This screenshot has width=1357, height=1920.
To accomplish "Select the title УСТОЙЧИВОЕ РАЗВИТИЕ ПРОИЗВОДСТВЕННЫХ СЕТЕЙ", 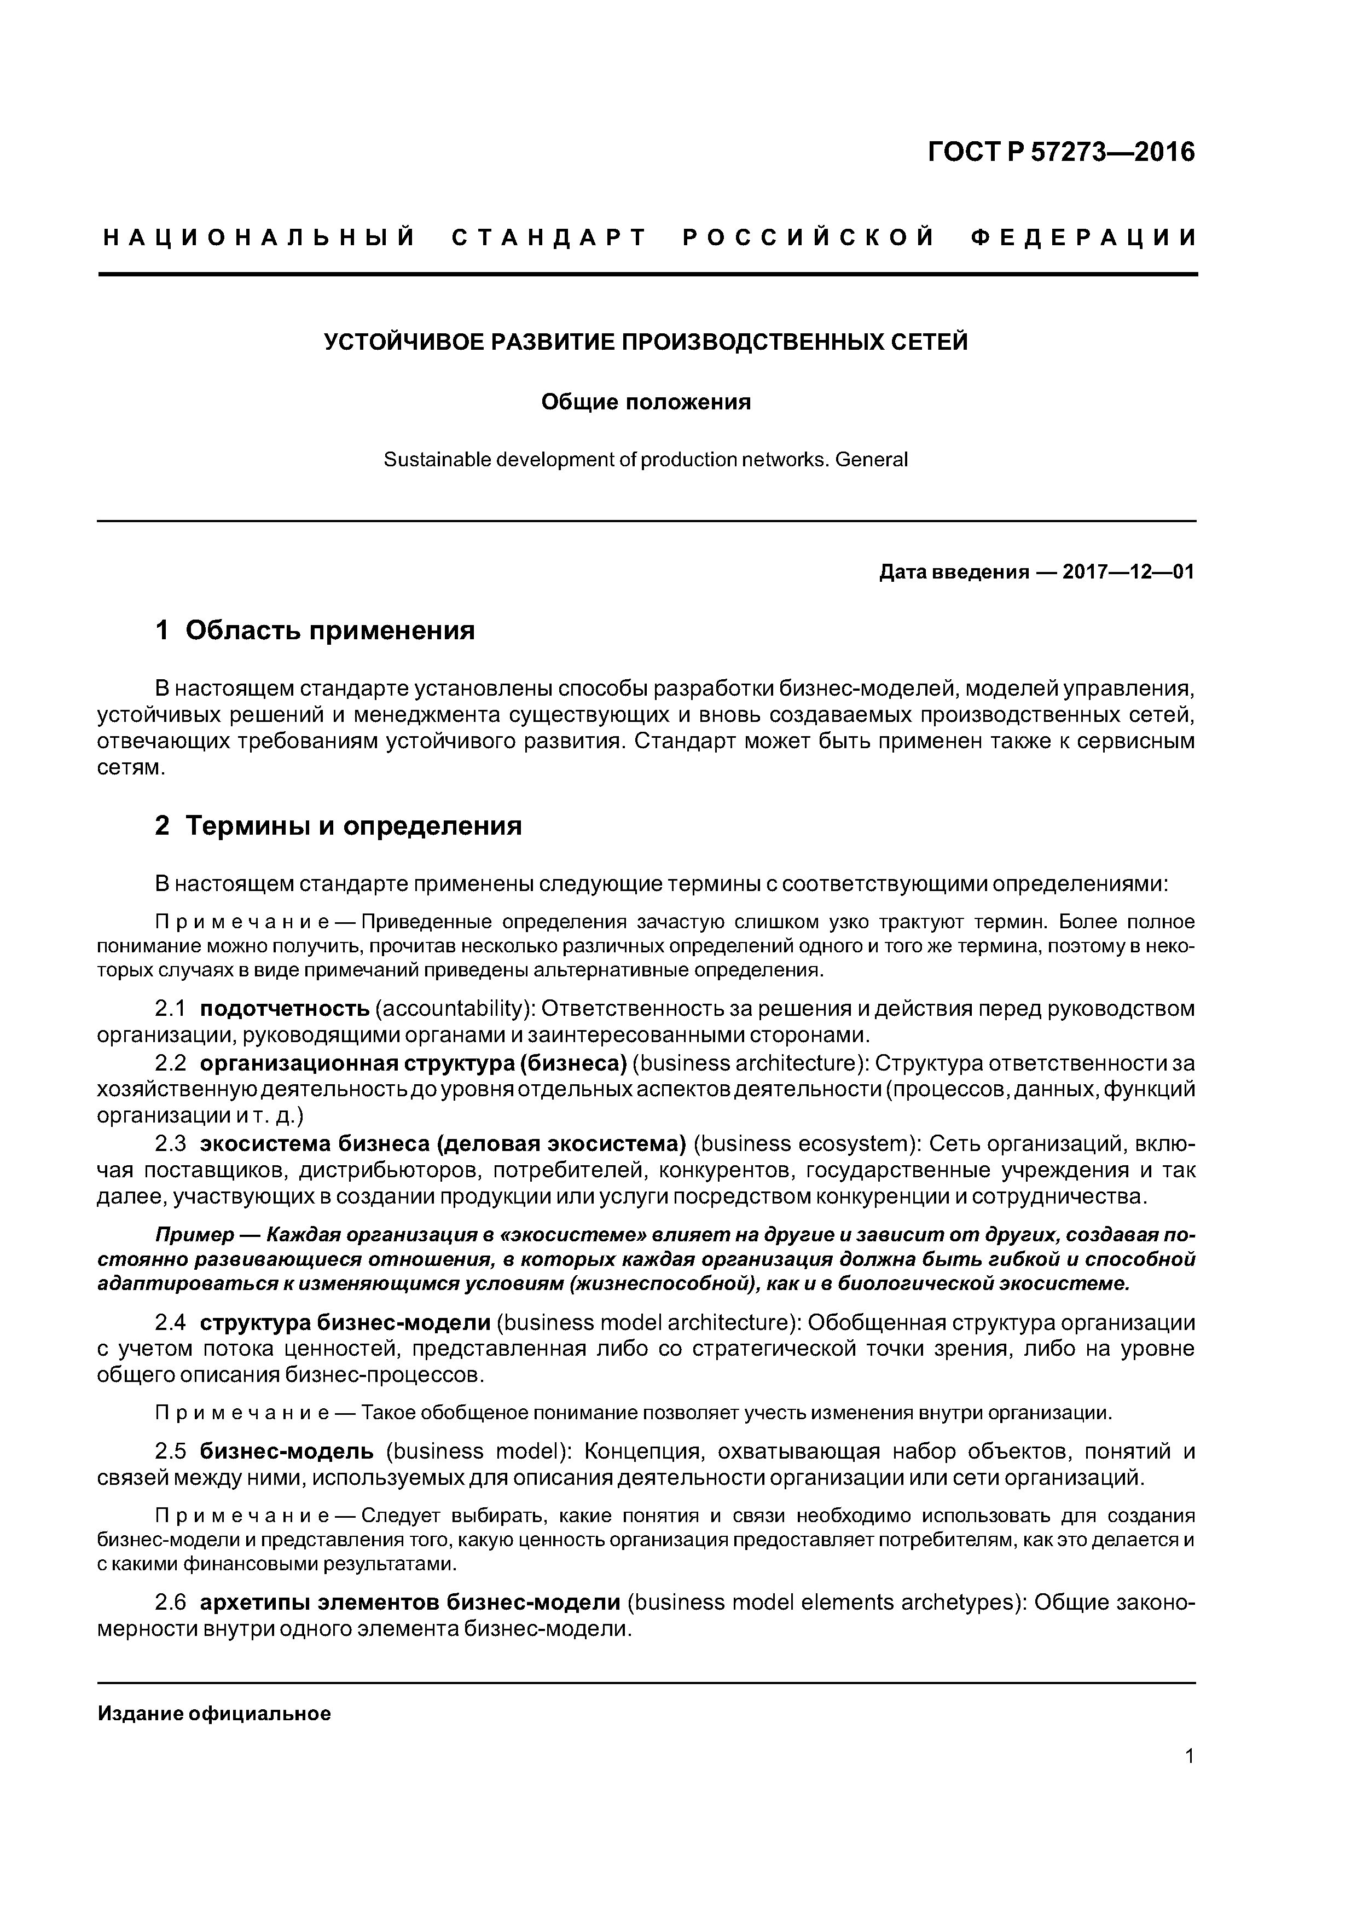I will (x=646, y=342).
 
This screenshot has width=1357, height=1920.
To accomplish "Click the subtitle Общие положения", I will (x=646, y=402).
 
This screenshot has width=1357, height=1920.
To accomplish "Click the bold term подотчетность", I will (x=285, y=1009).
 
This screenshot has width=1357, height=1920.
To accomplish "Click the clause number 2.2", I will (x=171, y=1063).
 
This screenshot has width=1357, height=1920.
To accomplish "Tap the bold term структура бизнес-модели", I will (x=345, y=1323).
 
